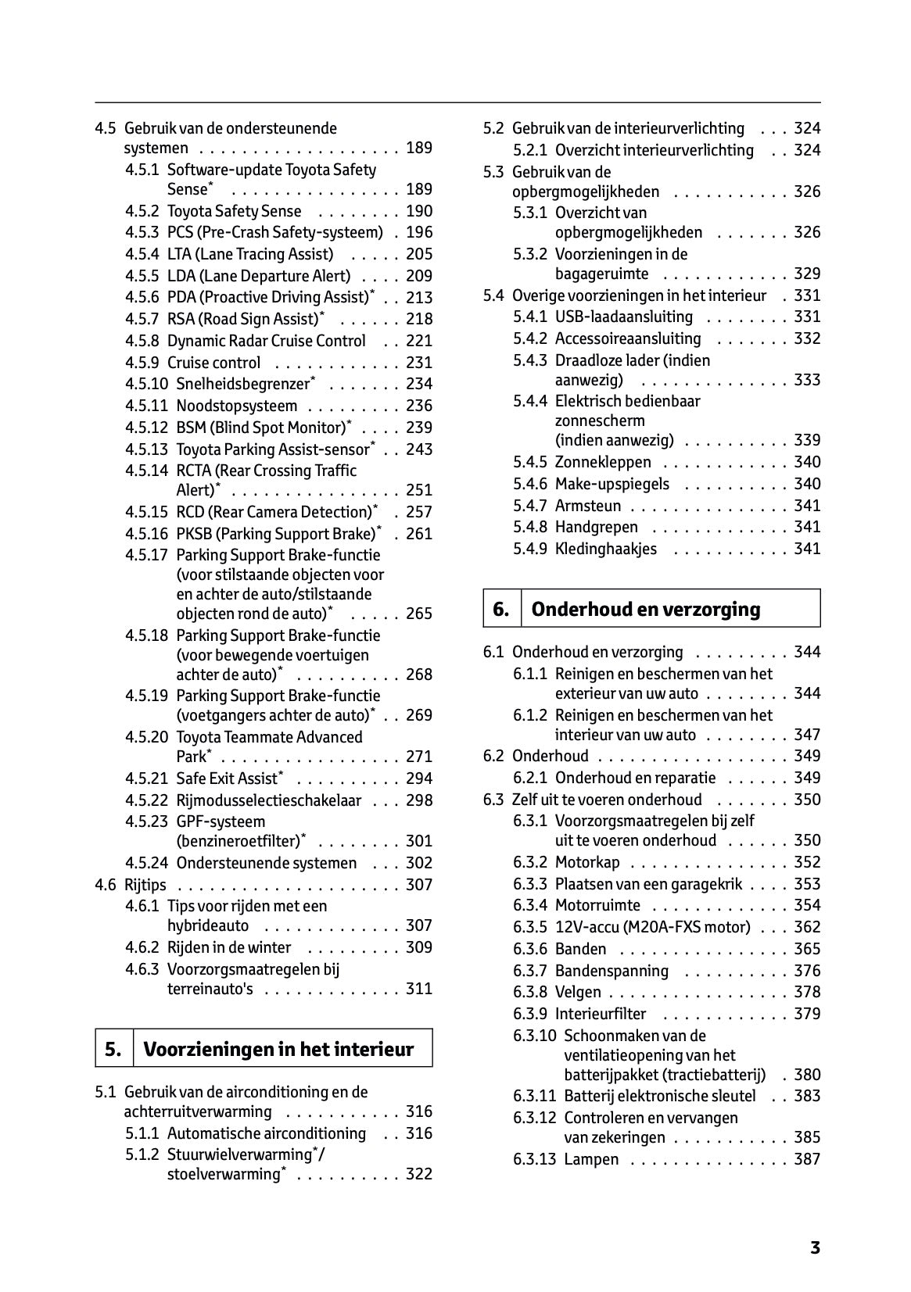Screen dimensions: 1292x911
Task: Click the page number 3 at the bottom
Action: (x=815, y=1248)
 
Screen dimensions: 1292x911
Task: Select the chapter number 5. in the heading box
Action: (x=113, y=1049)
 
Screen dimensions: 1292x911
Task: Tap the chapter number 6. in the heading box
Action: (x=501, y=610)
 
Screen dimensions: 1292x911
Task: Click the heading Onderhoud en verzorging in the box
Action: (x=645, y=610)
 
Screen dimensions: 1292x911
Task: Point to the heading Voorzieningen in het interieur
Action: (x=278, y=1049)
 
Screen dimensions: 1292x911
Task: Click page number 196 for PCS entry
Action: (x=419, y=232)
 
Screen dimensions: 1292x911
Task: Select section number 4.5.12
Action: (x=146, y=428)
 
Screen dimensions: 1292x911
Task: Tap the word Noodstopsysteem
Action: (x=237, y=406)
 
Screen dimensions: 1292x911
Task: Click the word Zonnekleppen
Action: (x=603, y=462)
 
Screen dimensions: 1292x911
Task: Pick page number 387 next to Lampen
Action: (x=807, y=1159)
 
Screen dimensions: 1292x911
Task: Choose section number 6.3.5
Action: (x=530, y=927)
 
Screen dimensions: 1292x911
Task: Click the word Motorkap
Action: (x=587, y=862)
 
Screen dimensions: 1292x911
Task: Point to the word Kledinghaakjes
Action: (x=606, y=549)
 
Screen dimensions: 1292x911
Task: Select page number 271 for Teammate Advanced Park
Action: (x=419, y=757)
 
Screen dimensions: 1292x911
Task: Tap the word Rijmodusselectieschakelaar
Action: (x=269, y=800)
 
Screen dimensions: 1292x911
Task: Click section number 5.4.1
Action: (x=530, y=317)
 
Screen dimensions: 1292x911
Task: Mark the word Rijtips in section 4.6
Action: (x=145, y=885)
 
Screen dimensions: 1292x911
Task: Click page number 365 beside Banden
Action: (x=807, y=949)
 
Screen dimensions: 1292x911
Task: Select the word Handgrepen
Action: (x=597, y=527)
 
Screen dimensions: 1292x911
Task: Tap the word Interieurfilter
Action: (x=601, y=1014)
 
